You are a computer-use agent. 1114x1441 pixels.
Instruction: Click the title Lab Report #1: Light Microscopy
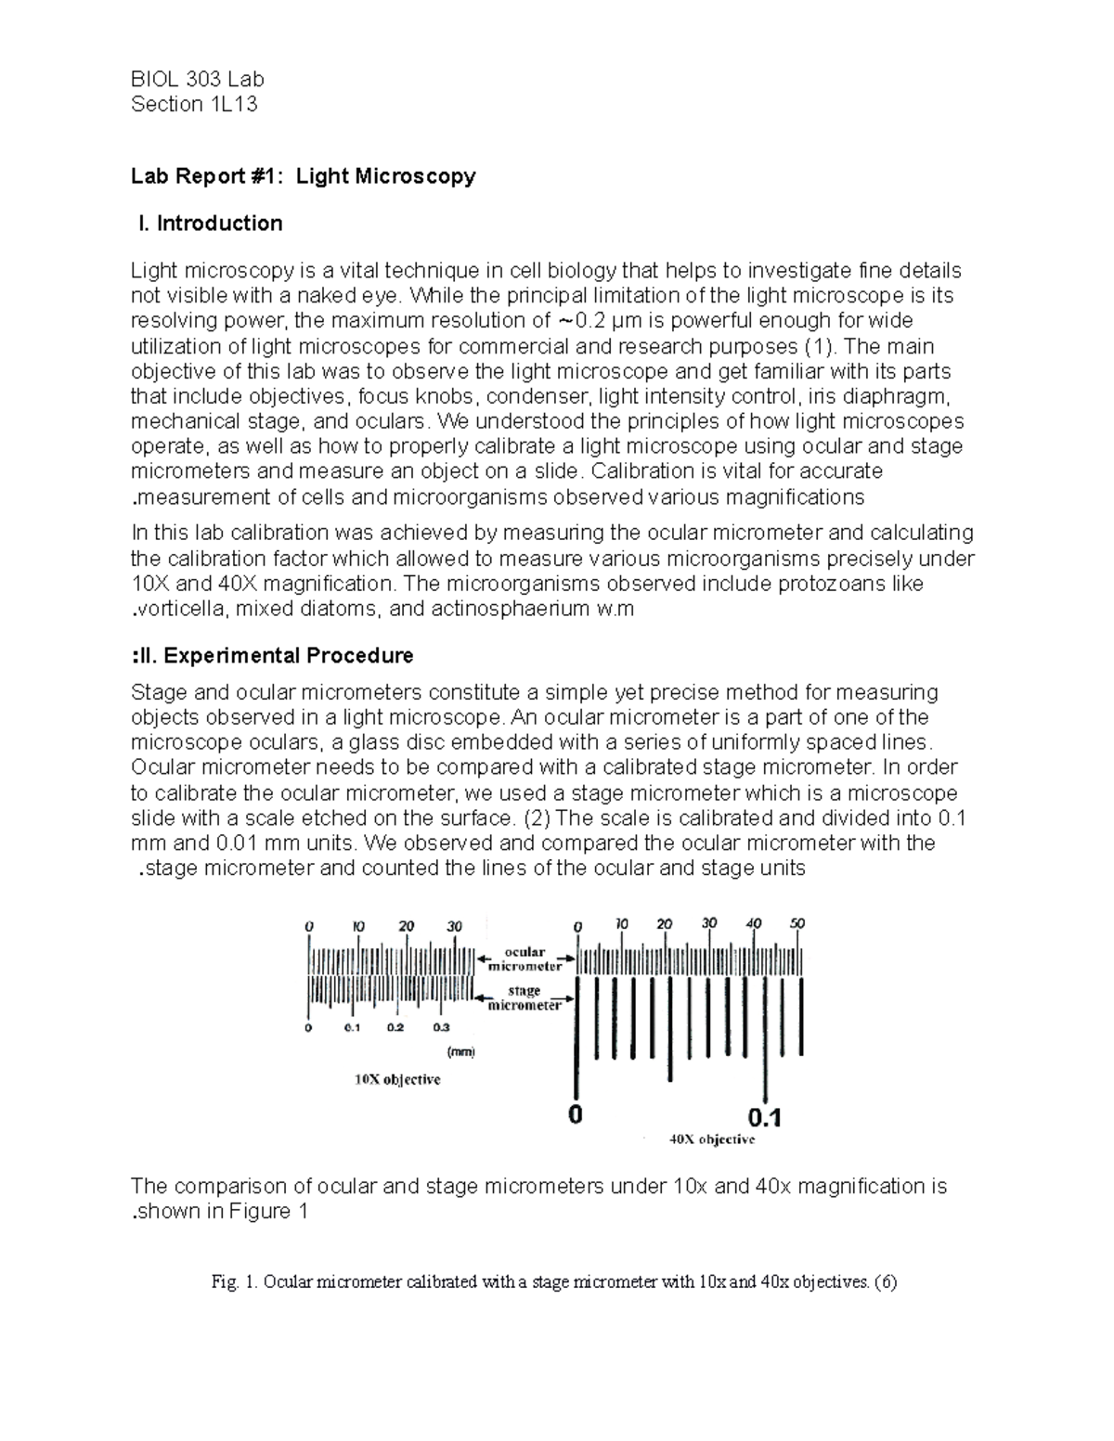tap(304, 176)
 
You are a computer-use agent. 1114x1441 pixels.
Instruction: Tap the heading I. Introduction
tap(209, 224)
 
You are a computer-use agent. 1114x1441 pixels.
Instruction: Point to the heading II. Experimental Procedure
tap(273, 656)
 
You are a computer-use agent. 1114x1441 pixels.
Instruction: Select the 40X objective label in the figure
tap(712, 1139)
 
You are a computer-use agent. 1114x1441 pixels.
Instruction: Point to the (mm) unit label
tap(460, 1052)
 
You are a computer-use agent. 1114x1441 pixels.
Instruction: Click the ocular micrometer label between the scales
tap(525, 959)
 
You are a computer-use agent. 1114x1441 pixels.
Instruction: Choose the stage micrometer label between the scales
tap(525, 998)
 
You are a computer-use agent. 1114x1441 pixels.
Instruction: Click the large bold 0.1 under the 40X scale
tap(765, 1115)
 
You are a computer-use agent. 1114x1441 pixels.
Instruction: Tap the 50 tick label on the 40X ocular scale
tap(797, 923)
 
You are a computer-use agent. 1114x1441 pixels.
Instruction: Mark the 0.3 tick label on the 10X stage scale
tap(440, 1027)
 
